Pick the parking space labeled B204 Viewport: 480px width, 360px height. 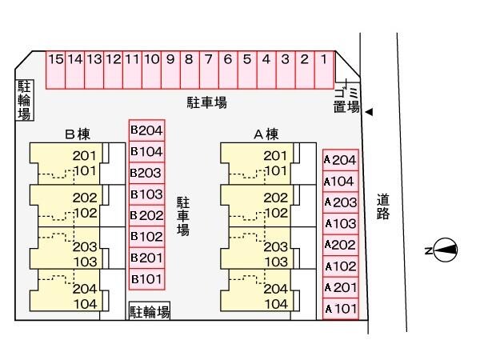click(146, 130)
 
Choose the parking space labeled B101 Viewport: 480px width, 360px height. click(146, 278)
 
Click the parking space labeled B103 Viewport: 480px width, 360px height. click(146, 194)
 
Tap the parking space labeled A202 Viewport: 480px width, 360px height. click(340, 245)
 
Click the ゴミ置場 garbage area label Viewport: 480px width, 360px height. click(347, 98)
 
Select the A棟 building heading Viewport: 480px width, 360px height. click(266, 134)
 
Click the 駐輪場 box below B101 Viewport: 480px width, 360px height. click(150, 311)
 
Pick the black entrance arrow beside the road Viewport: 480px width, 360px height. click(369, 113)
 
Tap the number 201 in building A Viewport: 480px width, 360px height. click(274, 156)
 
